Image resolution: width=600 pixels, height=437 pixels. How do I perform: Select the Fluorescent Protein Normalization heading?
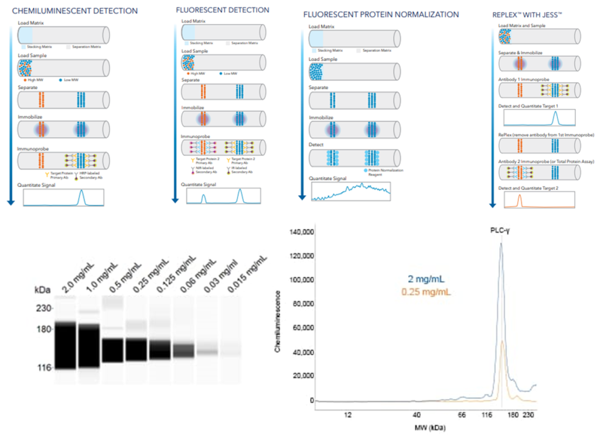381,14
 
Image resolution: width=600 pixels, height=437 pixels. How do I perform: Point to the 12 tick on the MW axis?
348,415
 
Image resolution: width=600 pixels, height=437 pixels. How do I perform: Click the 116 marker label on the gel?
44,368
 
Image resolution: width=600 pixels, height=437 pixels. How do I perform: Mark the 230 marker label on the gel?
44,308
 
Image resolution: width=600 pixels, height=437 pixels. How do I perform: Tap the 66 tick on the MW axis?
462,415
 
